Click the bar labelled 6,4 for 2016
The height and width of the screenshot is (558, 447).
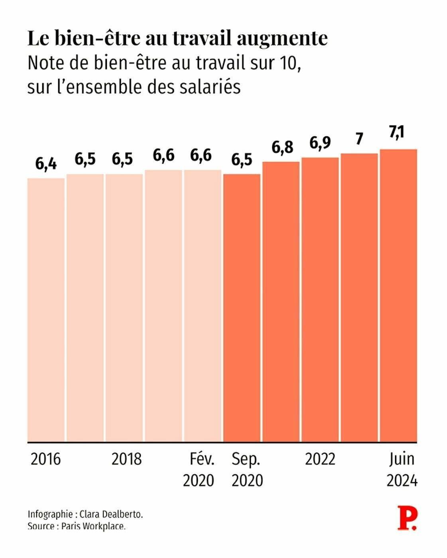click(x=46, y=310)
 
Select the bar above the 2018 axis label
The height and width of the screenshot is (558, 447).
click(x=124, y=308)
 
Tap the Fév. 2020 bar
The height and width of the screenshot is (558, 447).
click(x=203, y=306)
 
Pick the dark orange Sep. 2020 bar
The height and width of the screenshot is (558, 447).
click(x=242, y=308)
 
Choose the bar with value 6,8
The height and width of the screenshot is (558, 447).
click(x=281, y=302)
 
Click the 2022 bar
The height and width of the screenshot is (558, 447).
click(x=320, y=300)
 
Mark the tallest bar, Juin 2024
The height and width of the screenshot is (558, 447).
click(x=398, y=296)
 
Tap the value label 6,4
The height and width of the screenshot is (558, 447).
click(x=46, y=163)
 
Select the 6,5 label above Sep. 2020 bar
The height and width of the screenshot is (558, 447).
click(x=242, y=159)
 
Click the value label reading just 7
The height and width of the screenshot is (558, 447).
click(x=359, y=139)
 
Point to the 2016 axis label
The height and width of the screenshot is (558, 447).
click(x=46, y=459)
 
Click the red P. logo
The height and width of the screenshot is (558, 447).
click(x=407, y=518)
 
